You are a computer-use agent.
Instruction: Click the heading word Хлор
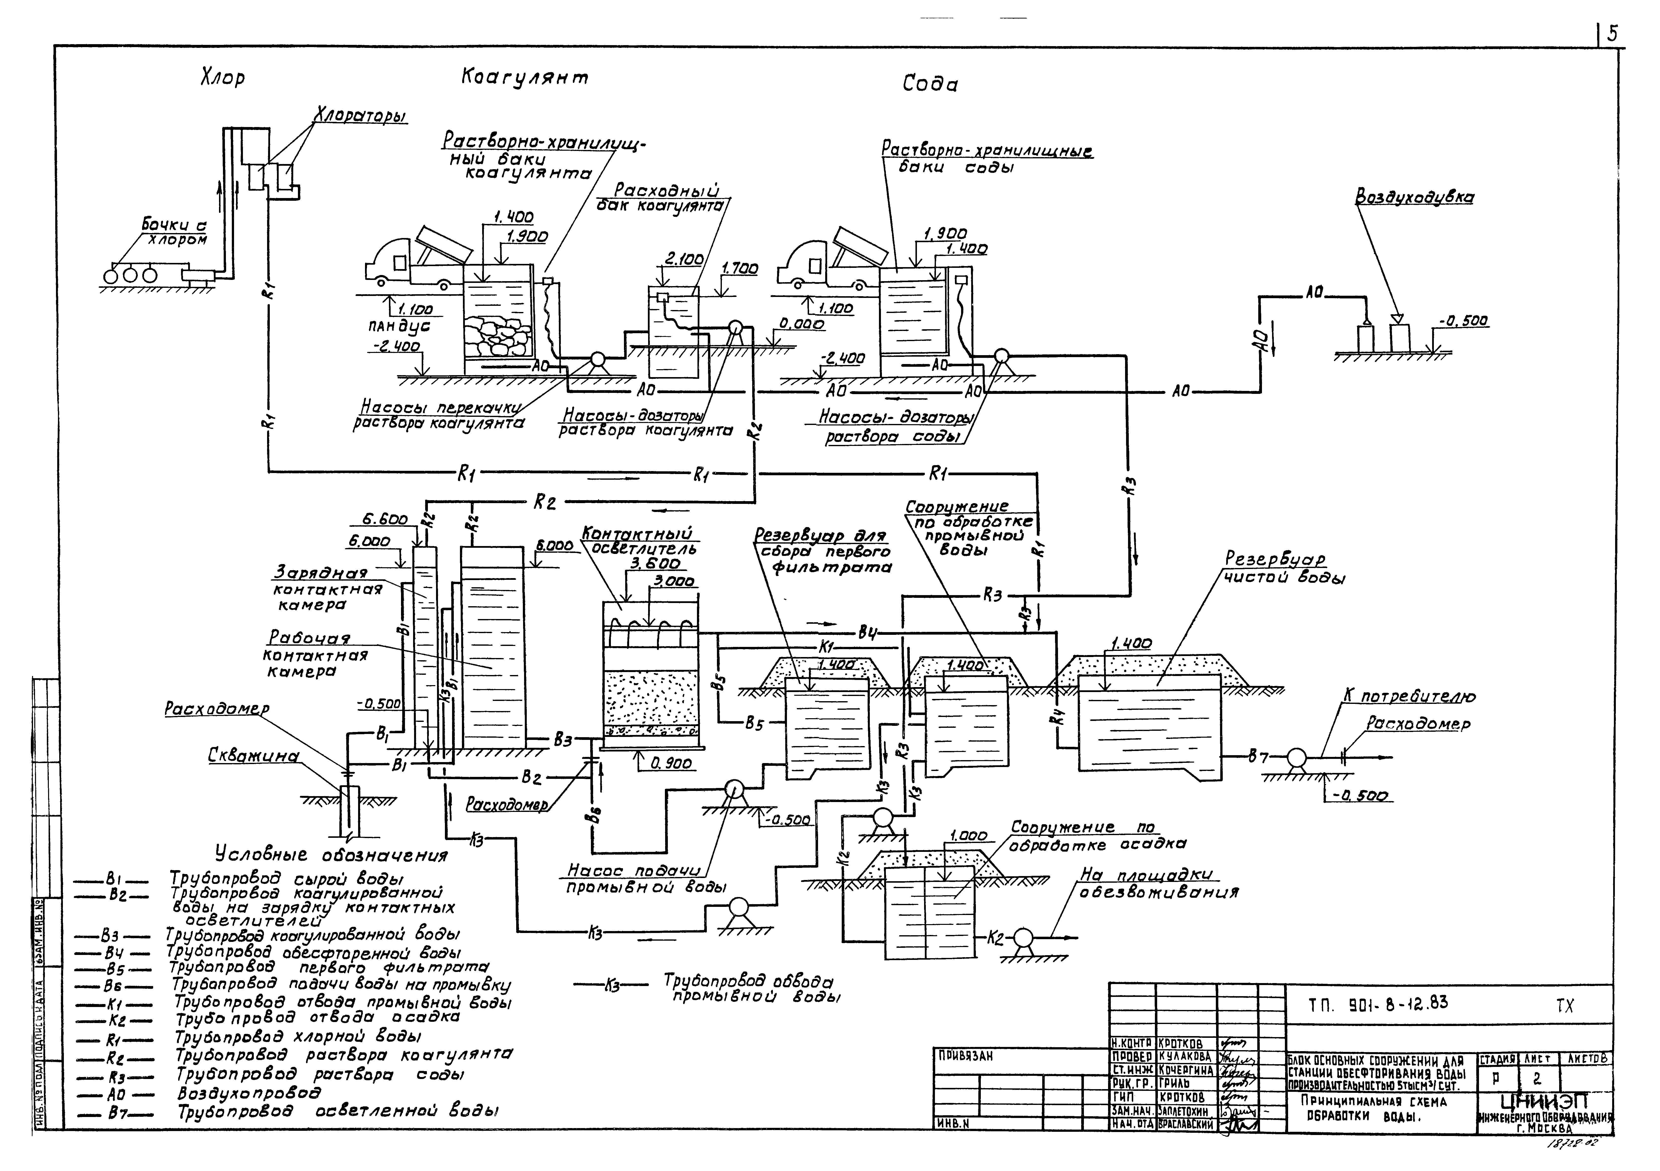click(223, 78)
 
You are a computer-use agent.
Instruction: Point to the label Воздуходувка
click(1414, 197)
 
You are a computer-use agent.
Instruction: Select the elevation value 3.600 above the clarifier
click(655, 563)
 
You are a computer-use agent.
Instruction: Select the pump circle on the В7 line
click(1294, 758)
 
